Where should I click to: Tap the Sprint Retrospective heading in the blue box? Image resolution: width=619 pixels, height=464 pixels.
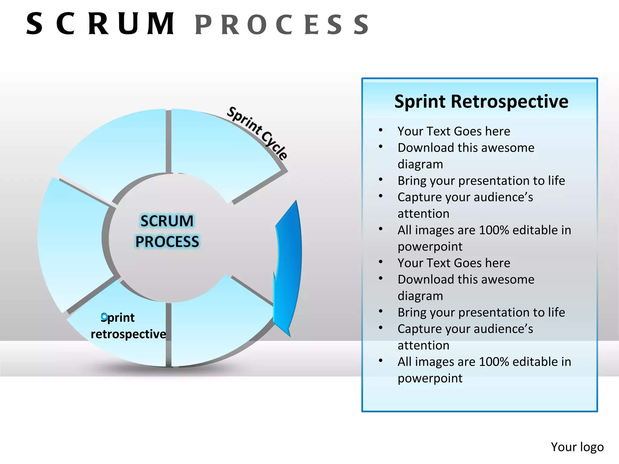(x=481, y=101)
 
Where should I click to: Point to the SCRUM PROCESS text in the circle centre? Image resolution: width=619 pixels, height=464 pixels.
(x=167, y=231)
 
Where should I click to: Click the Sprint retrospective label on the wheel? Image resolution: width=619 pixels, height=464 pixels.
(x=128, y=326)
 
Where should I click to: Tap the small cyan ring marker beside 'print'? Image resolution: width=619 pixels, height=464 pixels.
(x=104, y=317)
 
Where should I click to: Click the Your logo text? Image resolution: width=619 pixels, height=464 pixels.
(x=577, y=447)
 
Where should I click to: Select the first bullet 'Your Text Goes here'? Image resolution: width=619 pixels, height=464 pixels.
(x=454, y=131)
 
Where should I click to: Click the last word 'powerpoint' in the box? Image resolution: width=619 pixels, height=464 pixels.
(x=430, y=378)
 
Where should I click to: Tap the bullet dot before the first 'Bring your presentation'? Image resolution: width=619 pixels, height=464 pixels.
(x=381, y=180)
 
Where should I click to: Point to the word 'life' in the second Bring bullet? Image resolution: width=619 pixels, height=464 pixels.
(x=556, y=312)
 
